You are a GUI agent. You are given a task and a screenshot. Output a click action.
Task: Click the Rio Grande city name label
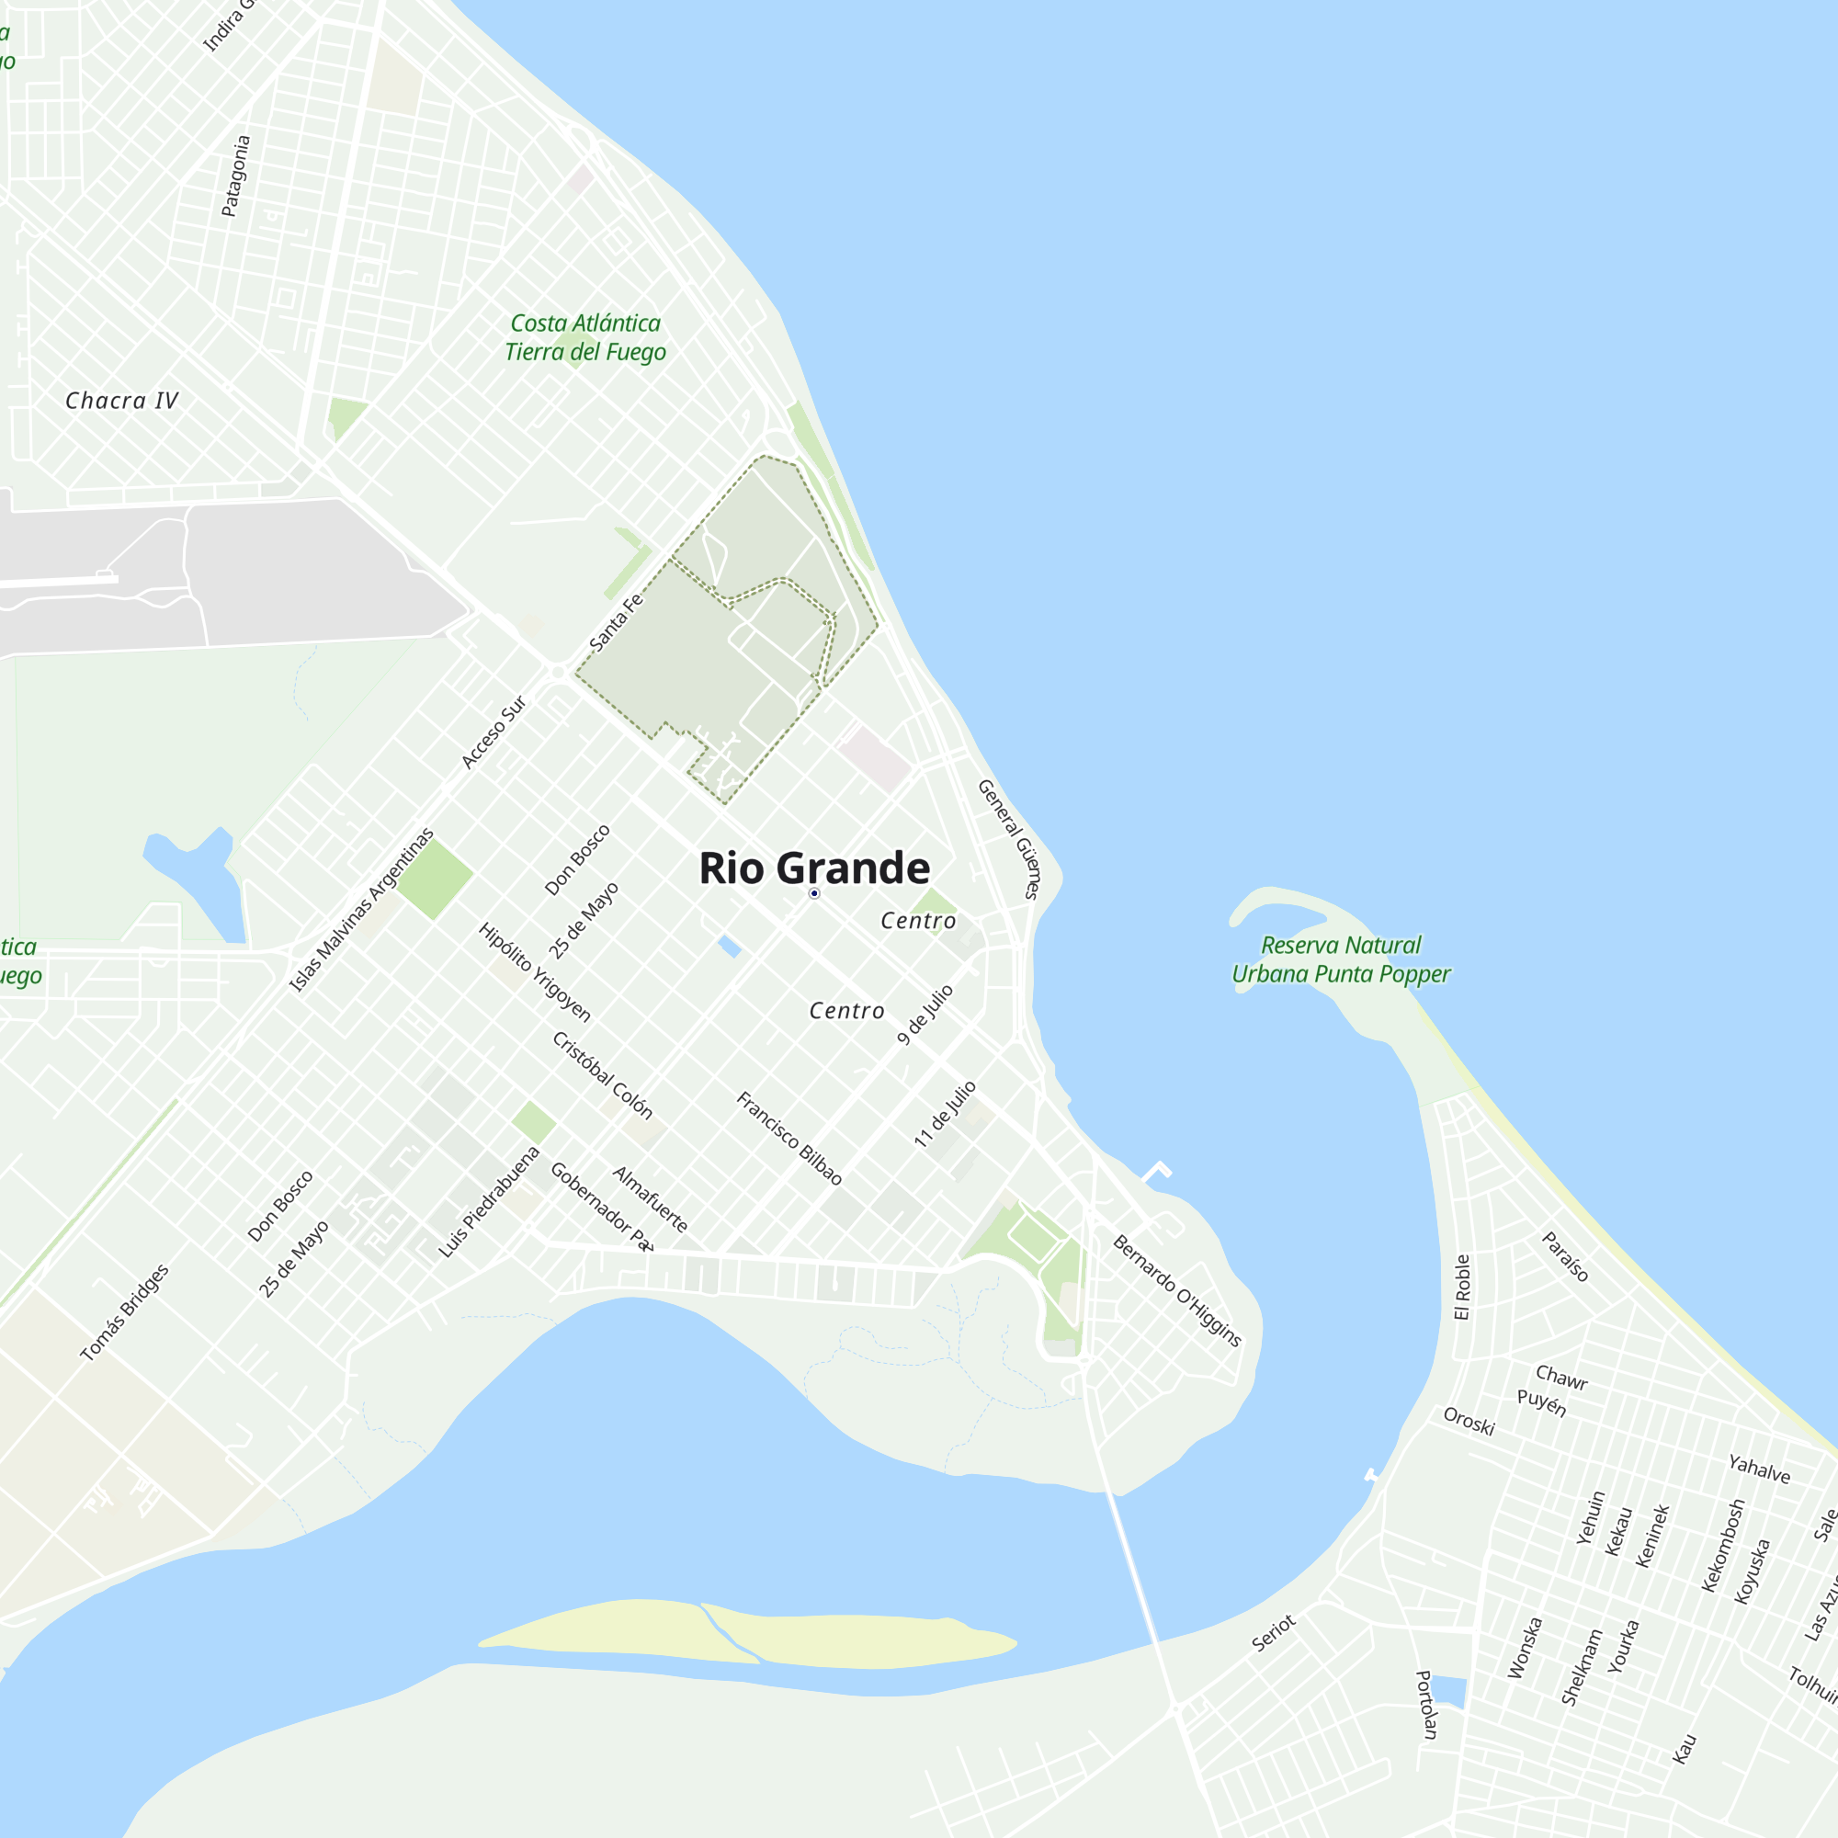tap(814, 868)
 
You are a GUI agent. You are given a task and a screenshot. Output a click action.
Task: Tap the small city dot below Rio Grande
tap(814, 893)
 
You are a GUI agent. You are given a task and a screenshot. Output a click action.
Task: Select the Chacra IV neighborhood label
tap(122, 401)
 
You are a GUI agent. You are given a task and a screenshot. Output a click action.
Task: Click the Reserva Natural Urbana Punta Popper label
tap(1341, 959)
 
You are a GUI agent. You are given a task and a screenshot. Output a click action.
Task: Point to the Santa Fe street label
tap(616, 623)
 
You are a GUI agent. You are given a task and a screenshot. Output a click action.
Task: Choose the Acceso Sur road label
tap(493, 732)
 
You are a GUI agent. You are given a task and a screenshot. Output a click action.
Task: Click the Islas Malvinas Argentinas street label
tap(361, 911)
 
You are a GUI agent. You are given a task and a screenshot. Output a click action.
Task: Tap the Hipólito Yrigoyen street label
tap(535, 971)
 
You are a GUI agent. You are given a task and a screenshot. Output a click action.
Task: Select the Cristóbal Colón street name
tap(602, 1075)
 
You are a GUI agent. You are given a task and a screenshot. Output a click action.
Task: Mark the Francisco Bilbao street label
tap(789, 1138)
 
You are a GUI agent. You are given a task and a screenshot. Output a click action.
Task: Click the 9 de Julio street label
tap(925, 1015)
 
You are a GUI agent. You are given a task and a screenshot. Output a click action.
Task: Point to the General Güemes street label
tap(1008, 838)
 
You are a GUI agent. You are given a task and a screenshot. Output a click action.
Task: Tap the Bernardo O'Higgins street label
tap(1177, 1290)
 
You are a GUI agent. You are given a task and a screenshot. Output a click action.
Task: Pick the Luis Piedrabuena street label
tap(489, 1202)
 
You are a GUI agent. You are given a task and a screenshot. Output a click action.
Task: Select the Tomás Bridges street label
tap(125, 1313)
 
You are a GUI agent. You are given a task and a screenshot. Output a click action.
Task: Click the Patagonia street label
tap(235, 176)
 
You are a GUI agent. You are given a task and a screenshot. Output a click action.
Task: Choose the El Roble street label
tap(1462, 1287)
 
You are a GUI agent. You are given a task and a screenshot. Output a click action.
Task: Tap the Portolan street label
tap(1426, 1704)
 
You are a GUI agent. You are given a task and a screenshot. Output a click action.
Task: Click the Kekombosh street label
tap(1723, 1545)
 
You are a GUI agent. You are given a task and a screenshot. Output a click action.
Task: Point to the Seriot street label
tap(1273, 1632)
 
